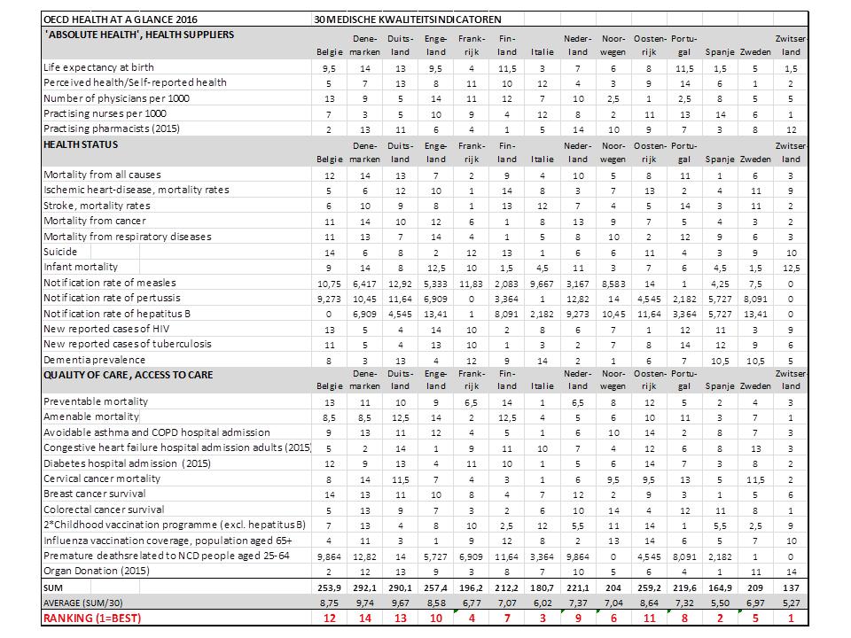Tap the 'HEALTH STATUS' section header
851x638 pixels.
(x=81, y=144)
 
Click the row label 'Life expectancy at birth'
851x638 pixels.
(x=98, y=67)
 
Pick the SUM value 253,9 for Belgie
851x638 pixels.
(x=330, y=587)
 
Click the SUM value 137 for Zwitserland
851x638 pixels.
(x=791, y=587)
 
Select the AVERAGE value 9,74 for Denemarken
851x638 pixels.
(x=365, y=602)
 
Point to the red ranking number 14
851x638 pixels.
(x=365, y=618)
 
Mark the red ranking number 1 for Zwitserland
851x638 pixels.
(x=791, y=618)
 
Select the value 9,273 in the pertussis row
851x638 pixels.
(x=330, y=298)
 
